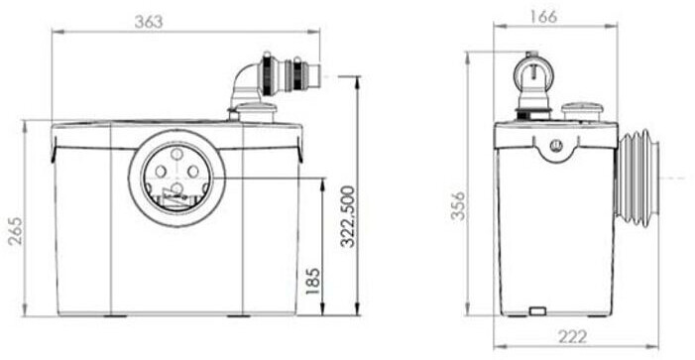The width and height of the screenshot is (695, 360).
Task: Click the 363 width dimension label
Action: [149, 22]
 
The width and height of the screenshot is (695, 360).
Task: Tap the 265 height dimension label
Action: [16, 231]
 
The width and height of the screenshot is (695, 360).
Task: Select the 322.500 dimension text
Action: [348, 216]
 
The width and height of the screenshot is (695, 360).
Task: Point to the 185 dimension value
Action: [312, 281]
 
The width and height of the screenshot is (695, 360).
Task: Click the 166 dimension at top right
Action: [543, 17]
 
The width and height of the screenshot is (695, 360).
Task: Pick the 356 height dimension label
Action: [459, 205]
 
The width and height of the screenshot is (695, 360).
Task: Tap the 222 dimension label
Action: [572, 337]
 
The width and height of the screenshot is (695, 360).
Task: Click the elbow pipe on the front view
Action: [245, 84]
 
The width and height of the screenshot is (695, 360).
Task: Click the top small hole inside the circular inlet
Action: [176, 155]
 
